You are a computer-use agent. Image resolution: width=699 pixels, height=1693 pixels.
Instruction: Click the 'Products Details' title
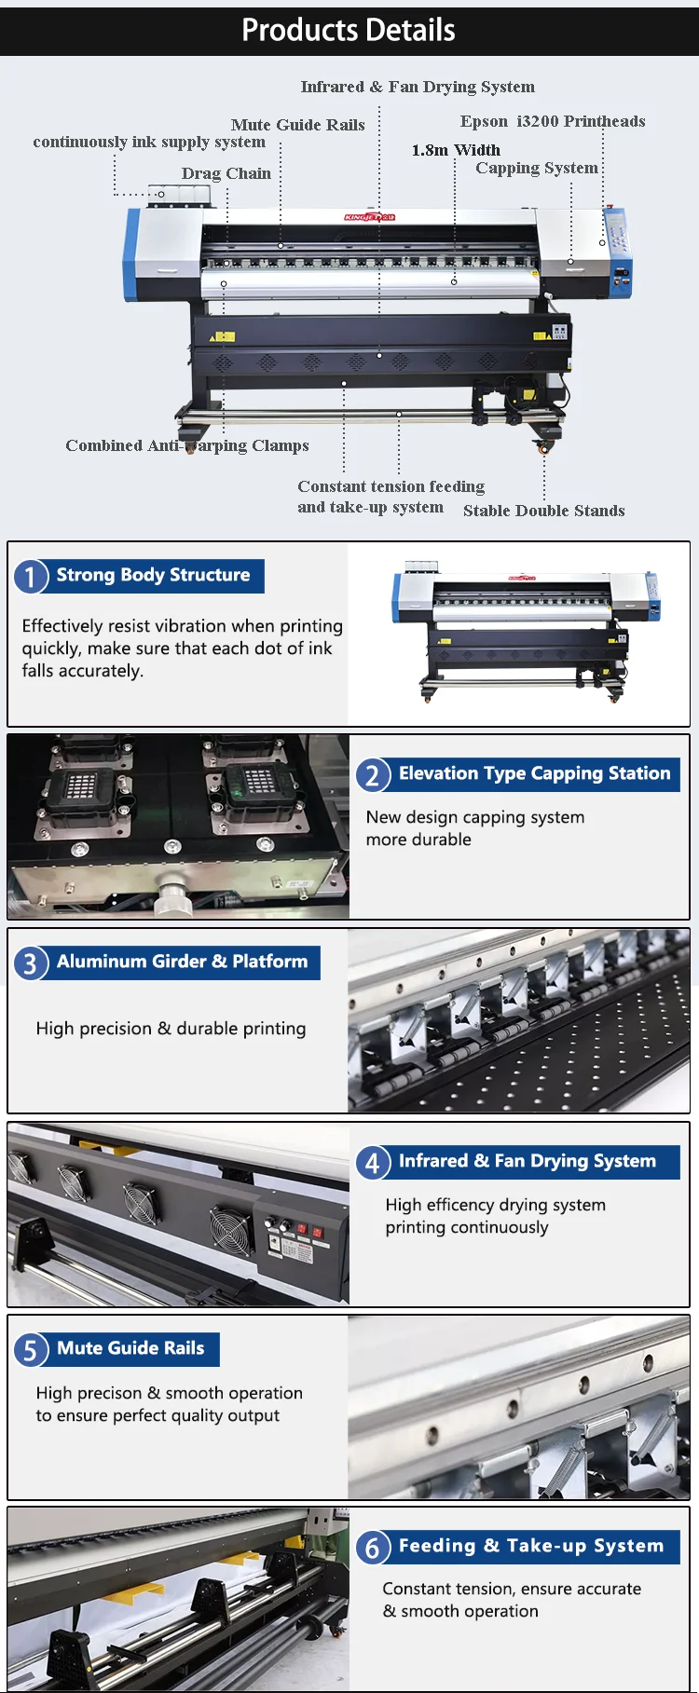tap(349, 30)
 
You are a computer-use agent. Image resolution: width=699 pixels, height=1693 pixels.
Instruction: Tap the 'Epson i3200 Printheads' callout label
tap(553, 121)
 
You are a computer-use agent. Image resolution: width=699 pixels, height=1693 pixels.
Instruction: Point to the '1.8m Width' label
tap(456, 150)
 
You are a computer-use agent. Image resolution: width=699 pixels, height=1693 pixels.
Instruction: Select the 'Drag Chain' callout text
tap(226, 173)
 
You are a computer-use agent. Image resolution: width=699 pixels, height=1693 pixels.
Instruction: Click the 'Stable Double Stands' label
tap(544, 511)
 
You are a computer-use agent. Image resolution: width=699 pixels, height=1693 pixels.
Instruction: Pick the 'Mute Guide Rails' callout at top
tap(298, 125)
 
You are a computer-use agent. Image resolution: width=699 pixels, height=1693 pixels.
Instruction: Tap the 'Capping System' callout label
tap(537, 168)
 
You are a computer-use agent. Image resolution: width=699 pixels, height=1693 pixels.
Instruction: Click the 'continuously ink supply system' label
tap(149, 142)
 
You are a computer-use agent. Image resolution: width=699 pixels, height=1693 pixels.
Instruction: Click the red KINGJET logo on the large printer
tap(370, 217)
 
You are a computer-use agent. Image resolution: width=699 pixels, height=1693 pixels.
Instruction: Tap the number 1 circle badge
tap(31, 576)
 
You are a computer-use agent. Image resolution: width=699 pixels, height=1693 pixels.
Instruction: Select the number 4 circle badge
tap(373, 1162)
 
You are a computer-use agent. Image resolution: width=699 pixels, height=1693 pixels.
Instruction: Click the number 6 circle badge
tap(373, 1548)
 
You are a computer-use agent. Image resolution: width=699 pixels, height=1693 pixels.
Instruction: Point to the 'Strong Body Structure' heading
tap(153, 575)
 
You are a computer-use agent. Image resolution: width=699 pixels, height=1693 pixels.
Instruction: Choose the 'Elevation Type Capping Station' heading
tap(535, 773)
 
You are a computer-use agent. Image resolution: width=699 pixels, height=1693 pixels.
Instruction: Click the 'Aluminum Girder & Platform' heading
tap(182, 962)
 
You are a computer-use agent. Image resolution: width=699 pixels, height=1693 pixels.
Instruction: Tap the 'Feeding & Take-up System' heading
tap(531, 1546)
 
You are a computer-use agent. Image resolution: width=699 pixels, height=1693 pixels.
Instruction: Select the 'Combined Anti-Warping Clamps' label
tap(187, 445)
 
